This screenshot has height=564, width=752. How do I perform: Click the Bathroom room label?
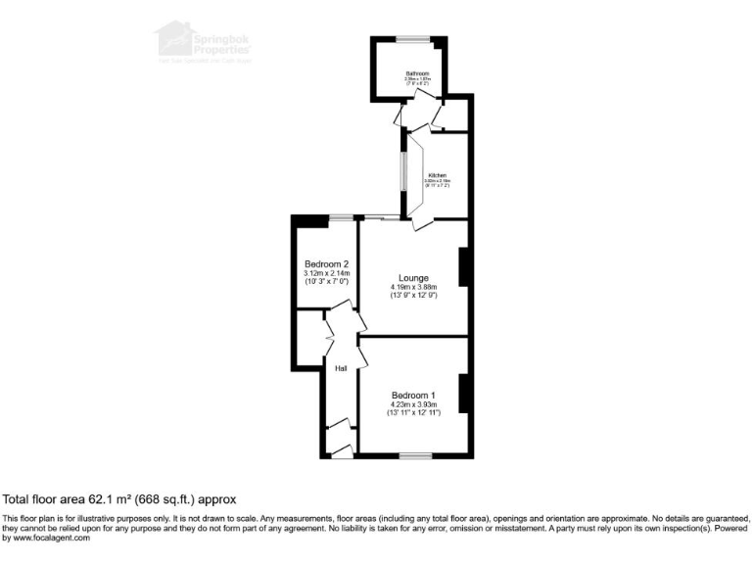418,73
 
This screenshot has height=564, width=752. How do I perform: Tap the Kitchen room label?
436,175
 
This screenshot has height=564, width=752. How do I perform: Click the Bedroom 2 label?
326,264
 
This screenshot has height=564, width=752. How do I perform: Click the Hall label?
342,368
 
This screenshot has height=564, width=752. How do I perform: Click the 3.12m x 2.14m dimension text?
326,273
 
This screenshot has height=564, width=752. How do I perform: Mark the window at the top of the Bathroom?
411,38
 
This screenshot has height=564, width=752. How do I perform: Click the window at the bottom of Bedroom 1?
415,455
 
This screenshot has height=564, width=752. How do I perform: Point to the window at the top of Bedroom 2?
340,216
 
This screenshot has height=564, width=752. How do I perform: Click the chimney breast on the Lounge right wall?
465,268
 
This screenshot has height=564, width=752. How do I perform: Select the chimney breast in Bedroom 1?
465,393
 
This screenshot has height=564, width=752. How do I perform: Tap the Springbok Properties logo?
201,44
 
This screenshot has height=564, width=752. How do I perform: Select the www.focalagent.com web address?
48,538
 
